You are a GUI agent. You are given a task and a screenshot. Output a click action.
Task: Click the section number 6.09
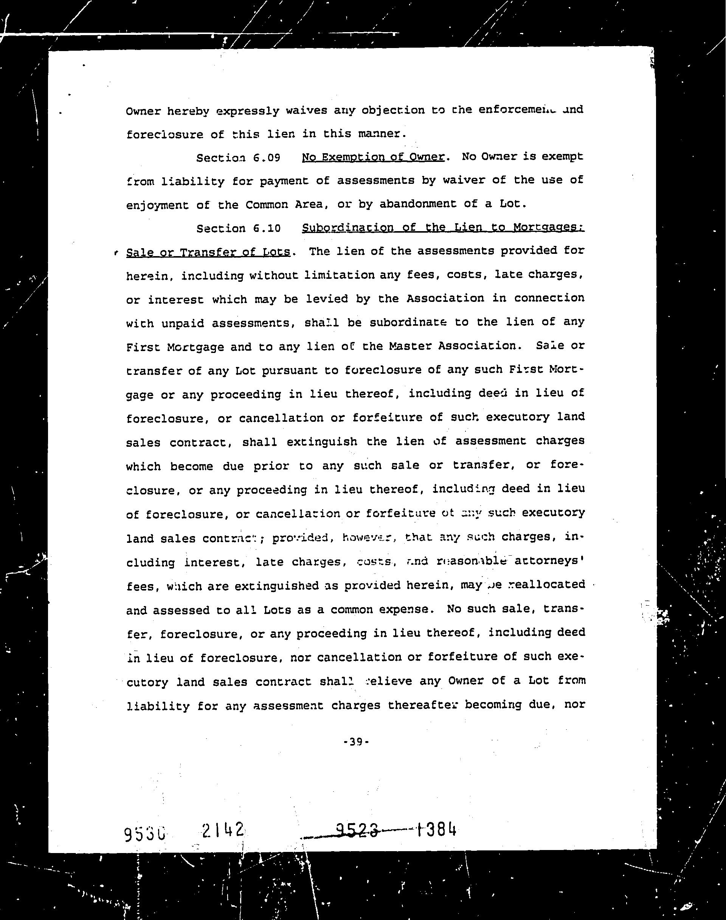point(267,158)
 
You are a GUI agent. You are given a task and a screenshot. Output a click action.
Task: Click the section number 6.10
point(267,228)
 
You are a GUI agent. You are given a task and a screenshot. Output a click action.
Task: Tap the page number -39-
point(356,742)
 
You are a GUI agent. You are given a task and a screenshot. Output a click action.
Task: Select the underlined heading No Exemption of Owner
point(373,157)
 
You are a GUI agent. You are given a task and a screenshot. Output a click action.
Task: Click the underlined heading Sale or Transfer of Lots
point(208,252)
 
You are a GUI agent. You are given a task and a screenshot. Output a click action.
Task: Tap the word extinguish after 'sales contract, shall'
point(322,442)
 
